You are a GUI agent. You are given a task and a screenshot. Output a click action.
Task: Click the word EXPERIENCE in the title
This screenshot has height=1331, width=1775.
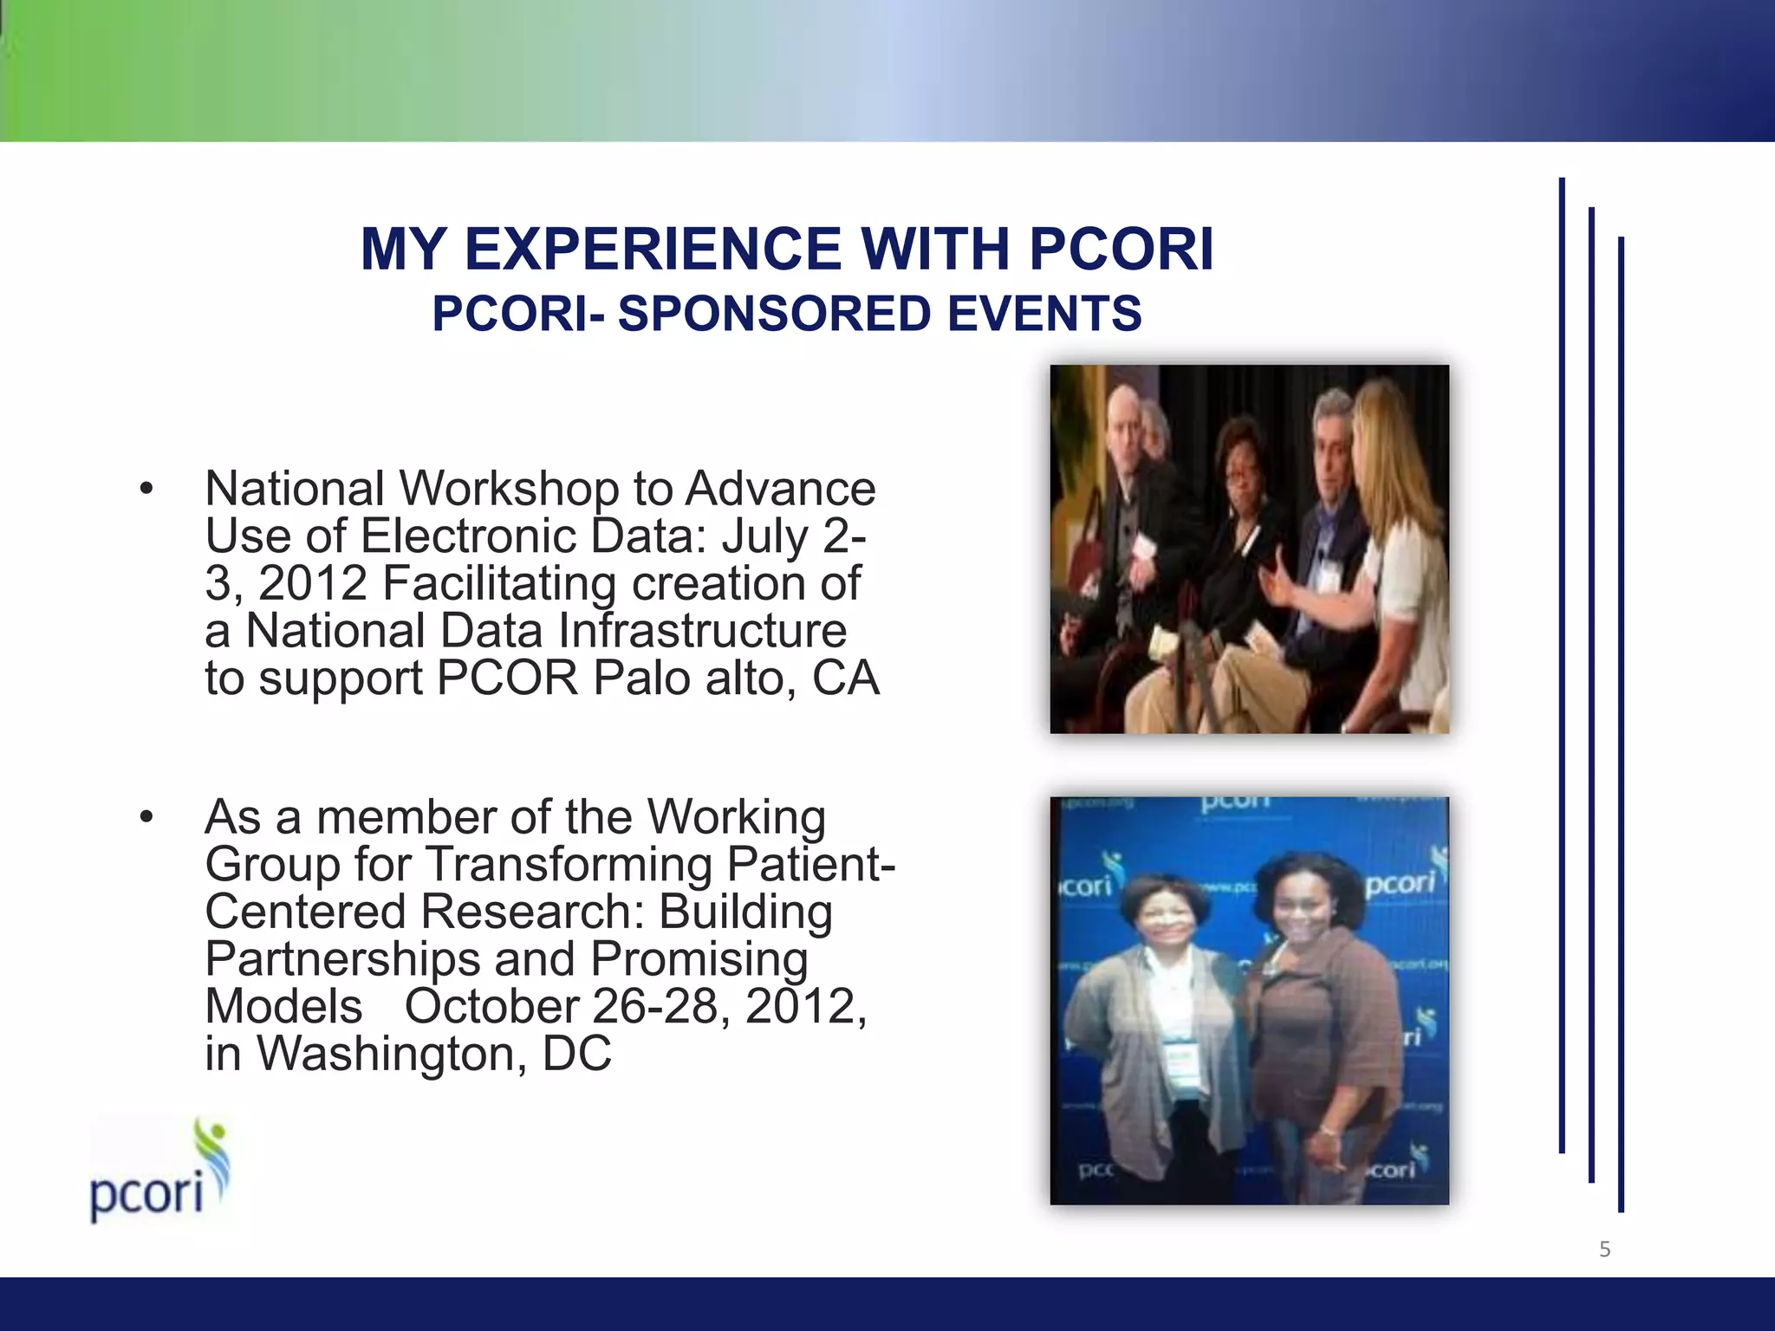click(652, 250)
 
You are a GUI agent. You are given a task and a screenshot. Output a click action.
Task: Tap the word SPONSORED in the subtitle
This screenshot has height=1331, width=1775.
click(773, 314)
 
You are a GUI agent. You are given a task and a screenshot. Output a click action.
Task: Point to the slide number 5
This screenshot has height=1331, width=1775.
click(1604, 1249)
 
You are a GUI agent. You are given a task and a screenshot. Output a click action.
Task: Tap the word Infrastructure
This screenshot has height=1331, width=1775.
click(702, 631)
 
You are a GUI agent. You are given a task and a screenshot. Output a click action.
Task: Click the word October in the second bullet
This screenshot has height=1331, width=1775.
click(491, 1007)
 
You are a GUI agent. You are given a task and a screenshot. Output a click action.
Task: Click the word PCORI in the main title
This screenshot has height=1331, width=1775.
click(1122, 250)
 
